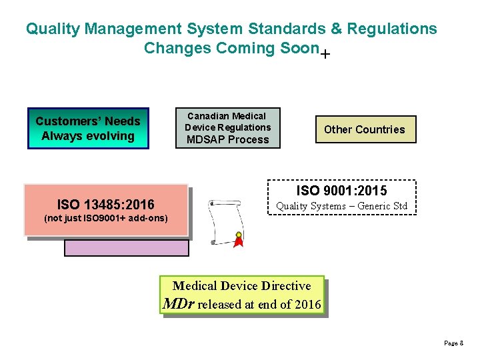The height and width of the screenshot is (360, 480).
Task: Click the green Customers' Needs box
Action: pyautogui.click(x=88, y=128)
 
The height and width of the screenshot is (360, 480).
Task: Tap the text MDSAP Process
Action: pyautogui.click(x=227, y=139)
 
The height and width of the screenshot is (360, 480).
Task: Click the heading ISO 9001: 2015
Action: pyautogui.click(x=341, y=191)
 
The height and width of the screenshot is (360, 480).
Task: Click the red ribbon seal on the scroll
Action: pyautogui.click(x=238, y=239)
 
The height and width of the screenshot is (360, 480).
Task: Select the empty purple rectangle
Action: pyautogui.click(x=127, y=247)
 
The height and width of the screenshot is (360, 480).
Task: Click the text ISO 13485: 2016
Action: pyautogui.click(x=106, y=205)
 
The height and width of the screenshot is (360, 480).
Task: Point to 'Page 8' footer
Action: pyautogui.click(x=453, y=343)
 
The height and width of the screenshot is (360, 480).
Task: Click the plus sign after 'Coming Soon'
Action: pyautogui.click(x=324, y=55)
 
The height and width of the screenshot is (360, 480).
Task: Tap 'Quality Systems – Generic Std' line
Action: pyautogui.click(x=341, y=206)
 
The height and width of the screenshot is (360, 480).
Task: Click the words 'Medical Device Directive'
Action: pyautogui.click(x=241, y=286)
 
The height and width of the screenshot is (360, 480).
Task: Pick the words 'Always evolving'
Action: pyautogui.click(x=88, y=136)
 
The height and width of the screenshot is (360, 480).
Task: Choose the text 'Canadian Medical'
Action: pyautogui.click(x=227, y=116)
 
